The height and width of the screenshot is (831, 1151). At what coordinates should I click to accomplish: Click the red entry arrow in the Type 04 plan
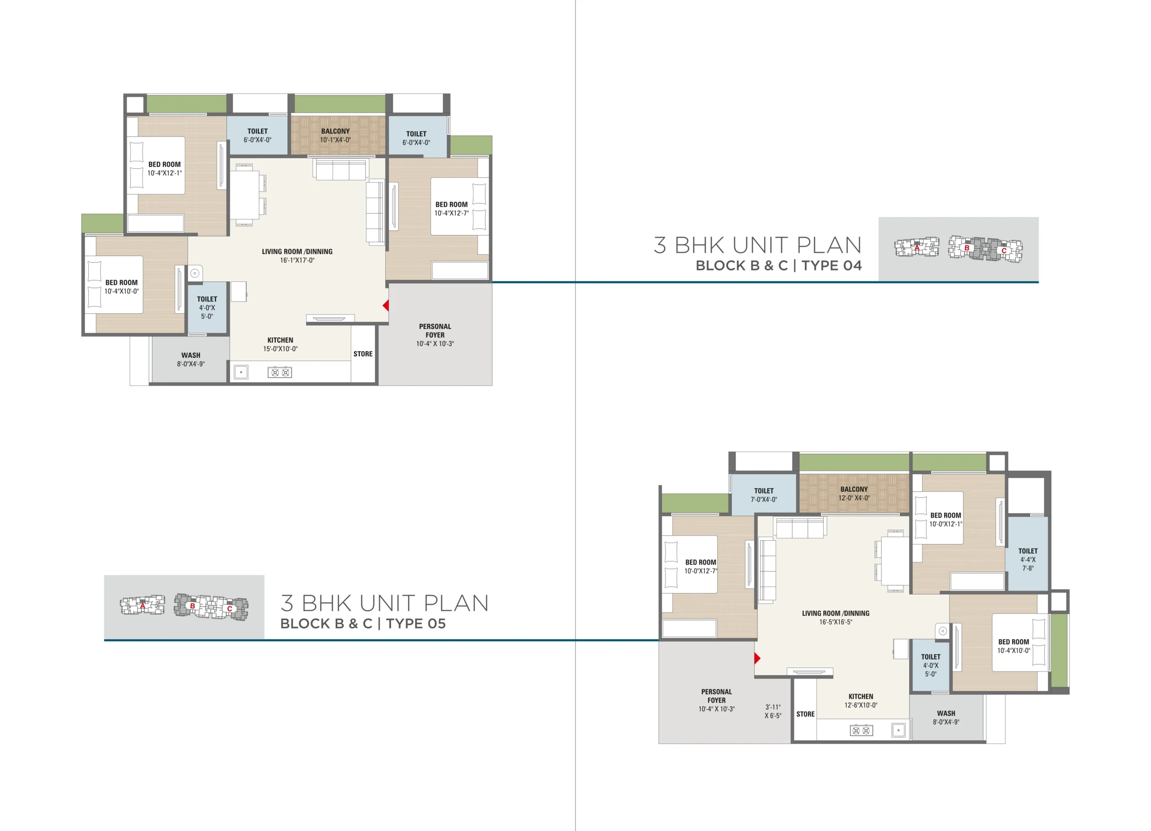tap(386, 306)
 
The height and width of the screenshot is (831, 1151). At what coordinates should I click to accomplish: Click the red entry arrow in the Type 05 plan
tap(757, 658)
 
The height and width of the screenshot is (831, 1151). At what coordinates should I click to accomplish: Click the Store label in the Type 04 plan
tap(363, 354)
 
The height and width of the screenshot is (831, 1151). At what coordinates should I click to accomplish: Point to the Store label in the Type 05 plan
tap(805, 714)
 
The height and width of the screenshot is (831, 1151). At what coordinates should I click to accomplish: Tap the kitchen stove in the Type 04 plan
tap(280, 373)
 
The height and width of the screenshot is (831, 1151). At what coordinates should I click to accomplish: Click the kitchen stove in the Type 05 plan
tap(861, 730)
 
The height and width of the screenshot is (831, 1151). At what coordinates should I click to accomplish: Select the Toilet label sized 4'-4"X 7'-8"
tap(1028, 560)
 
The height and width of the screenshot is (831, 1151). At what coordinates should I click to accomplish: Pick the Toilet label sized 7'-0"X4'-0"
tap(764, 495)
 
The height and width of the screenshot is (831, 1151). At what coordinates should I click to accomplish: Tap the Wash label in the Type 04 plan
tap(191, 360)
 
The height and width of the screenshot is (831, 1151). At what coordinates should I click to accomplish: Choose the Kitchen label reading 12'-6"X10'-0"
tap(861, 701)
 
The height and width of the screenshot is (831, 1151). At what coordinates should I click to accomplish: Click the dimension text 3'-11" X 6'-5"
tap(773, 711)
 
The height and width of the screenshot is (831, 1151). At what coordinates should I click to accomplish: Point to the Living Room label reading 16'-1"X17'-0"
tap(297, 256)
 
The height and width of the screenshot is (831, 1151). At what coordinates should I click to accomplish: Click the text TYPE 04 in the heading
tap(831, 265)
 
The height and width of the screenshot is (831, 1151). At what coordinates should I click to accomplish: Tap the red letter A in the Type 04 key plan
tap(917, 248)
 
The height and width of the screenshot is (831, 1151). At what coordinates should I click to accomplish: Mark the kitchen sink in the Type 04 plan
tap(241, 373)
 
